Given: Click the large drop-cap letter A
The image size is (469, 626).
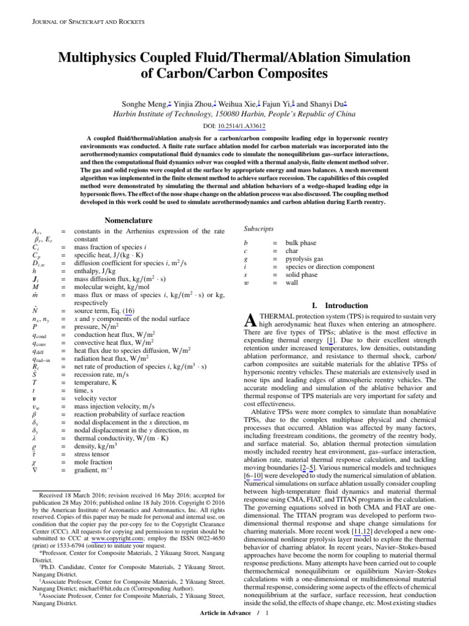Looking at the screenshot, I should click(x=248, y=319).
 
